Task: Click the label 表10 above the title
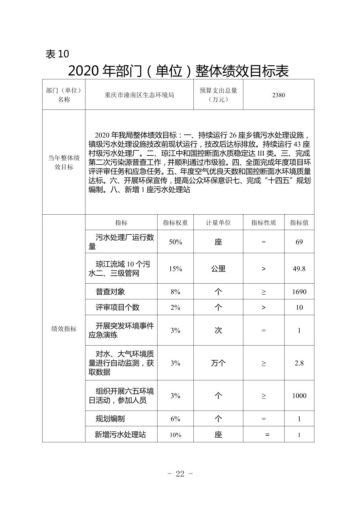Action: [57, 54]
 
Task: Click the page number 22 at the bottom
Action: [180, 474]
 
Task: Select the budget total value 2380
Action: [279, 95]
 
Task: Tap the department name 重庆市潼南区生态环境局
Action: [139, 95]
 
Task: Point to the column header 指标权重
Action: [175, 223]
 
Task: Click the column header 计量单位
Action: [218, 223]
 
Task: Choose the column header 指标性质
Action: [263, 223]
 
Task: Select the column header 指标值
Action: [299, 223]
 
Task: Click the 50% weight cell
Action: [175, 242]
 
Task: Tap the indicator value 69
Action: [299, 242]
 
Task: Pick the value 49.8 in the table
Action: [299, 269]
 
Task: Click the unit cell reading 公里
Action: [218, 269]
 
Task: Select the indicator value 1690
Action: [299, 292]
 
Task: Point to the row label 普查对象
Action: [110, 292]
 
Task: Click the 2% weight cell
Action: [175, 307]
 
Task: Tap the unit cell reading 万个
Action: [218, 363]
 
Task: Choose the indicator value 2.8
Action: [299, 363]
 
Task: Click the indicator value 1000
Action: [299, 396]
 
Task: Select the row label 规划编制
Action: [110, 419]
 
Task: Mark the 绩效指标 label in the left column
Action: [64, 329]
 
